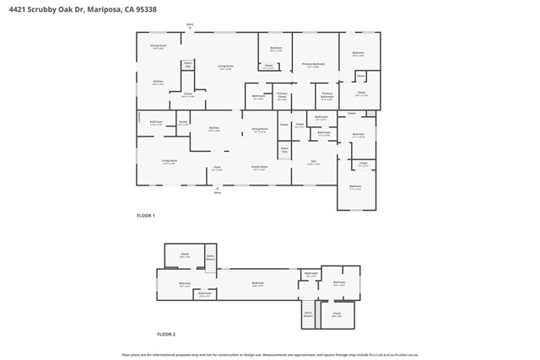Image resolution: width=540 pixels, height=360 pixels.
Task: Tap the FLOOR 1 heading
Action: coord(145,216)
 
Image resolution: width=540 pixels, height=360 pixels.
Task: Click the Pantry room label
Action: coord(183,123)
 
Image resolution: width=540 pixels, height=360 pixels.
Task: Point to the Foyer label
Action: coord(217,169)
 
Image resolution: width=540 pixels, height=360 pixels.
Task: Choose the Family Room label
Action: coord(260,169)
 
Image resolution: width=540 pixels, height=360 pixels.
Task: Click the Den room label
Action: coord(313,163)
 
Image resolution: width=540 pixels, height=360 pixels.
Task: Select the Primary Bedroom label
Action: coord(312,65)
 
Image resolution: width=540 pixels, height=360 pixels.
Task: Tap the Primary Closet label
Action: coord(282,97)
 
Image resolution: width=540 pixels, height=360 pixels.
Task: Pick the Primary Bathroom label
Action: coord(327,95)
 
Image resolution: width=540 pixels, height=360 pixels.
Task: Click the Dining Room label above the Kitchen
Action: coord(159,46)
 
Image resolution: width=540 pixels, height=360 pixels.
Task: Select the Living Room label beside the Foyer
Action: coord(170,162)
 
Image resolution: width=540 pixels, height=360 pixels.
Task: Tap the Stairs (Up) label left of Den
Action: coord(284,150)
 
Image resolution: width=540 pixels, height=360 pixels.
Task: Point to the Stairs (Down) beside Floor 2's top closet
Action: coord(210,257)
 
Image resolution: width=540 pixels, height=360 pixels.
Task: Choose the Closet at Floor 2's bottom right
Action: coord(337,314)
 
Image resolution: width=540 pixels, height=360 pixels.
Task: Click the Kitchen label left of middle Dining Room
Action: coord(214,130)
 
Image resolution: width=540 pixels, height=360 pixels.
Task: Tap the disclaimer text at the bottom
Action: coord(270,354)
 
